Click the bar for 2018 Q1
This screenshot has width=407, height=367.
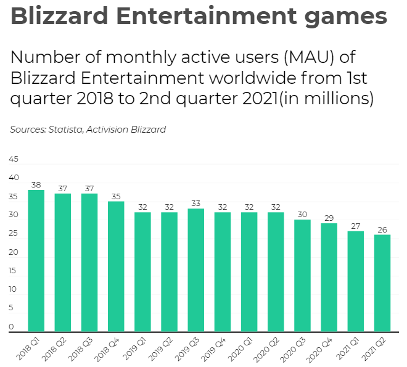36,260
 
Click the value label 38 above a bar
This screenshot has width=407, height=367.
36,184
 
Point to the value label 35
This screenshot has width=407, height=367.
116,196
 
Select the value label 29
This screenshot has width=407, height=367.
329,218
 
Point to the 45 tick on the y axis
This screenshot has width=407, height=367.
13,159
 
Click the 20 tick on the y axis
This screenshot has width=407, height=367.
13,252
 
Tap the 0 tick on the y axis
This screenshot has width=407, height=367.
11,327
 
